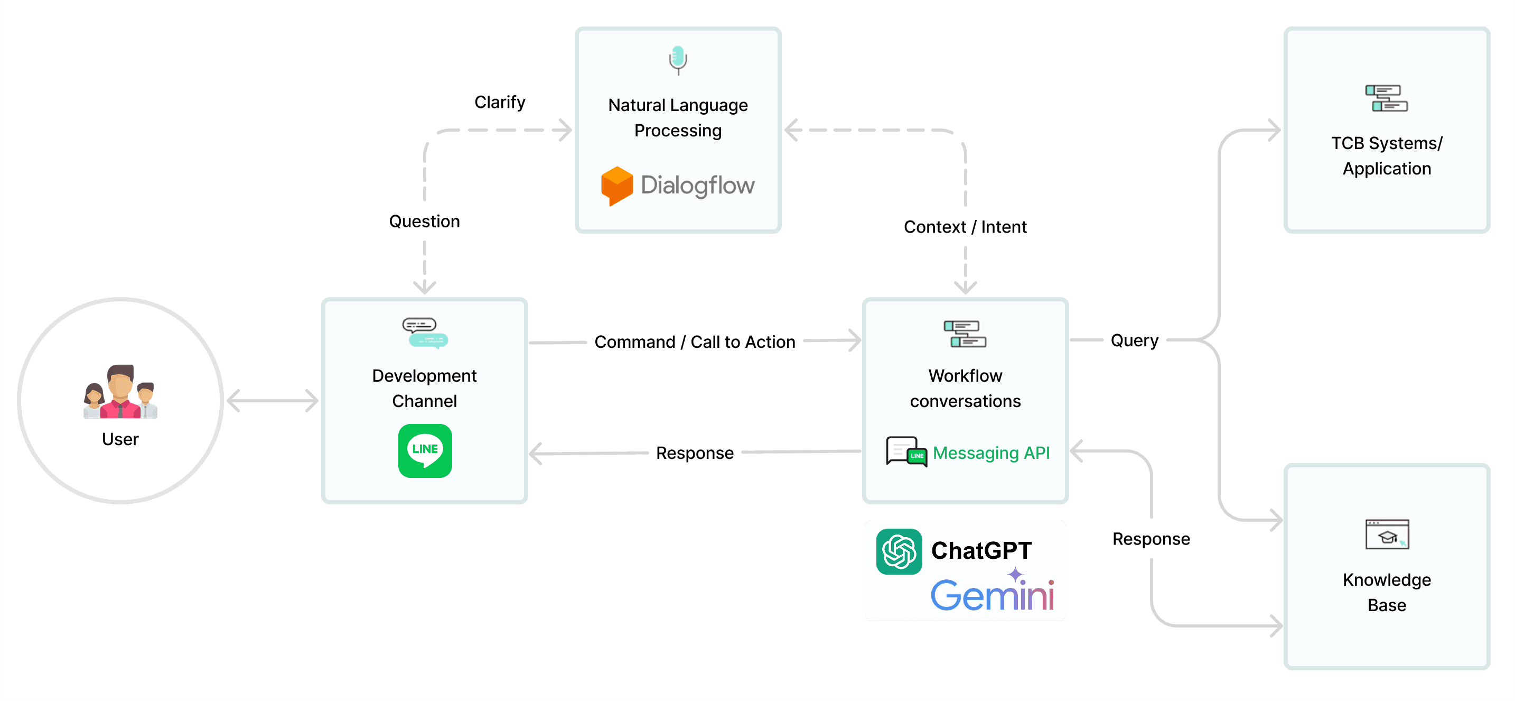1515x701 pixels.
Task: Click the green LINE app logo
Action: point(425,450)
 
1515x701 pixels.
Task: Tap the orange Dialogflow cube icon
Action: point(616,186)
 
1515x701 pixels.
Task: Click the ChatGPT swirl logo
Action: point(899,551)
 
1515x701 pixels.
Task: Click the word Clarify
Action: point(500,103)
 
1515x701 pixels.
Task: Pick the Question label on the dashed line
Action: point(424,222)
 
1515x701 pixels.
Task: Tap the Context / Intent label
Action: point(965,227)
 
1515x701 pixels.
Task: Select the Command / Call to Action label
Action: point(695,342)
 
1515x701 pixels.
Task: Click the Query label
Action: point(1134,340)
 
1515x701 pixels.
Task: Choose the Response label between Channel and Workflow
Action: point(695,453)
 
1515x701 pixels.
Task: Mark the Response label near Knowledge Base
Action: point(1151,539)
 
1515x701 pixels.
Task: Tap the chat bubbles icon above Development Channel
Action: point(425,333)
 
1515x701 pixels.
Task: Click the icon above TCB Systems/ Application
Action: point(1386,98)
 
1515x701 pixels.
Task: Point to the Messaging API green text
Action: point(991,453)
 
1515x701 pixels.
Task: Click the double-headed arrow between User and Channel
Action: point(272,401)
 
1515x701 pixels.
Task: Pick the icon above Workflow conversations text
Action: point(965,334)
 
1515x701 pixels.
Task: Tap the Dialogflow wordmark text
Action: point(697,186)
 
